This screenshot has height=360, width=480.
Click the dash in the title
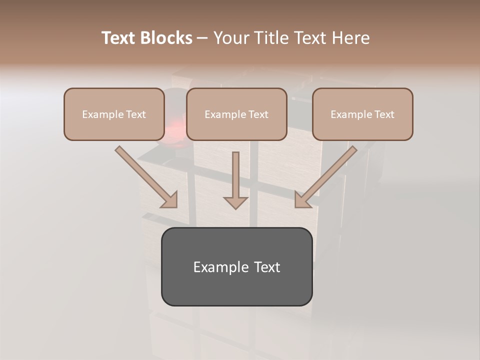click(x=202, y=38)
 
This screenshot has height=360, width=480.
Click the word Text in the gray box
click(x=267, y=267)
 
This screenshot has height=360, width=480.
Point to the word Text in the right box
click(x=384, y=114)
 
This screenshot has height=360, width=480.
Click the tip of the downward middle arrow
click(x=235, y=207)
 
